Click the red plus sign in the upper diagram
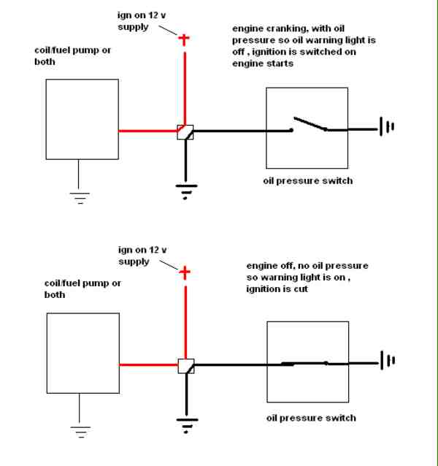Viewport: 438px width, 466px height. [x=185, y=39]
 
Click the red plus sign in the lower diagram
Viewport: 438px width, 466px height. [x=185, y=273]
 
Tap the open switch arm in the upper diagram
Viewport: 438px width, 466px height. [x=310, y=123]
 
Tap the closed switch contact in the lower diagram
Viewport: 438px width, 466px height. [x=310, y=362]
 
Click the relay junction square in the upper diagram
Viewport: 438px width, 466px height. [x=185, y=131]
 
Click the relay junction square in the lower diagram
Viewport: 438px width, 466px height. [x=185, y=365]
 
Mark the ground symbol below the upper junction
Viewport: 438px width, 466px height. [x=185, y=191]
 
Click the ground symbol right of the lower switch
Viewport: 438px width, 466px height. [x=385, y=361]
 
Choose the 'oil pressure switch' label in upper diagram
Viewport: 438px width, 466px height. [x=307, y=180]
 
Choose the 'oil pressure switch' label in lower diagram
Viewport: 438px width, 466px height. [x=311, y=418]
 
